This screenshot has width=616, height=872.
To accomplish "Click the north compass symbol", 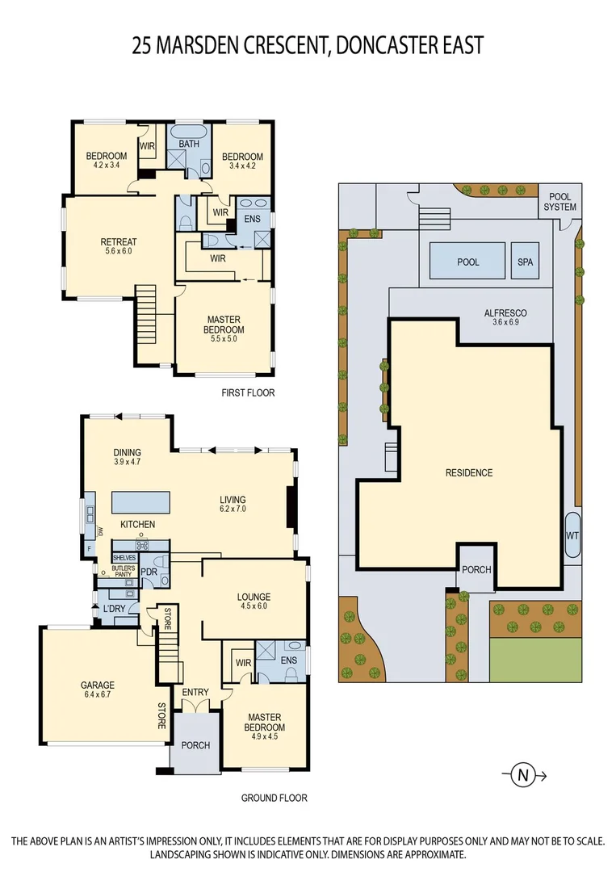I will [x=523, y=775].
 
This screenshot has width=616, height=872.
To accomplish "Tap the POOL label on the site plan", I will [x=467, y=262].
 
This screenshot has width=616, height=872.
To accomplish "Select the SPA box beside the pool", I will [x=525, y=262].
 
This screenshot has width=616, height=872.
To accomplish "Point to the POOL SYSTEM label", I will [x=560, y=202].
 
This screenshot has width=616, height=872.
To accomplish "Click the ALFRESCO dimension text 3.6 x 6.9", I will [x=505, y=323].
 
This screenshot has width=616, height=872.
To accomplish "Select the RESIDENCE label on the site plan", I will [x=469, y=472].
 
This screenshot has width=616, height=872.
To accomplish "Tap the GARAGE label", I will [x=97, y=685].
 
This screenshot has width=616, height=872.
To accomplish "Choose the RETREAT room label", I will [x=118, y=241].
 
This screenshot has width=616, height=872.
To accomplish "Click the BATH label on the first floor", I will [x=189, y=144].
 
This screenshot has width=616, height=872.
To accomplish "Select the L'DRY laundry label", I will [x=113, y=610].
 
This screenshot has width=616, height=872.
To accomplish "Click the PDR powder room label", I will [x=149, y=572].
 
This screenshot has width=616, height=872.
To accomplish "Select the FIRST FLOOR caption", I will [x=248, y=393].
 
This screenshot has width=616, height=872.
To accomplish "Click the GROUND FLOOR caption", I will [x=274, y=798].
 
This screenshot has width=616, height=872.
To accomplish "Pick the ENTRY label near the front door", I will [x=195, y=692].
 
